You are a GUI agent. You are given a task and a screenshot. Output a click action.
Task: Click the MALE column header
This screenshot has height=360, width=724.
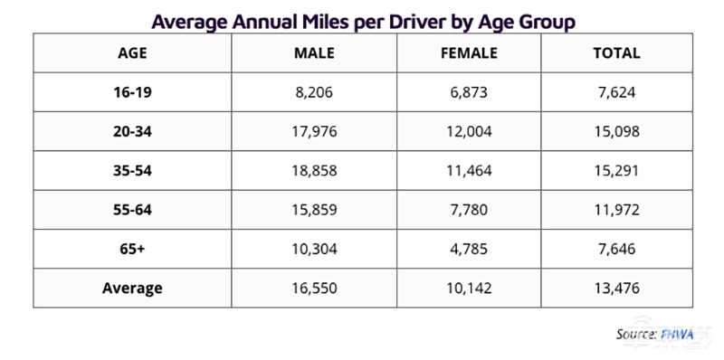tap(314, 53)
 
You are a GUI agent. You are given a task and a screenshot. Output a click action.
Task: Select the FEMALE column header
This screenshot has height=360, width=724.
tap(469, 53)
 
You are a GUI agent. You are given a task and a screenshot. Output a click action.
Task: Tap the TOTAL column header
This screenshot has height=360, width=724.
tap(617, 53)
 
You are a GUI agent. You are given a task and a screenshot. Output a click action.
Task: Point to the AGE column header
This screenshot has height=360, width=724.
tap(132, 53)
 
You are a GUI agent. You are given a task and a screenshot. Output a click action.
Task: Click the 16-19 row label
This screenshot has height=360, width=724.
tap(132, 93)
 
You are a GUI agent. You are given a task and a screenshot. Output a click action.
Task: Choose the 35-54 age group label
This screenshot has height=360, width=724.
tap(132, 171)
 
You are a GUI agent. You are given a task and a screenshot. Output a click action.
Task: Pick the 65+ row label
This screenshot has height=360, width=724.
tap(132, 250)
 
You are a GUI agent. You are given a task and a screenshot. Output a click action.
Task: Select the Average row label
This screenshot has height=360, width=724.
tap(132, 289)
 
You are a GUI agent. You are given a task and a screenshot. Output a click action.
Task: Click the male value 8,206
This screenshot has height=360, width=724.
tap(314, 93)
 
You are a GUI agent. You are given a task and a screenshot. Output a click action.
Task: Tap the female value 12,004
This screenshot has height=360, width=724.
tap(469, 132)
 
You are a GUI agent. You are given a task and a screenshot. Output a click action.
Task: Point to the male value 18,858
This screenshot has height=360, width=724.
tap(314, 171)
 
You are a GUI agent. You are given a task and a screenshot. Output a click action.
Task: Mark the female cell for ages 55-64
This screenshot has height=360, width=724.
tap(469, 210)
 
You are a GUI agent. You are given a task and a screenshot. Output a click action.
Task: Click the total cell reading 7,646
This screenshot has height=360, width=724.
tap(617, 250)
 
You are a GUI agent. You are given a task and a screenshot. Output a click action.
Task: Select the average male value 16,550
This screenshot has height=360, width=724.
tap(314, 289)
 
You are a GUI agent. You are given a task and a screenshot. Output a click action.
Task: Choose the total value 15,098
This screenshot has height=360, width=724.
tap(617, 132)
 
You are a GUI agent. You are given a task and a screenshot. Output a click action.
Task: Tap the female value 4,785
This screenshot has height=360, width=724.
tap(469, 250)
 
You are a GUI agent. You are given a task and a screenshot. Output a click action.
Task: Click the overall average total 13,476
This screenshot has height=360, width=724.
tap(617, 289)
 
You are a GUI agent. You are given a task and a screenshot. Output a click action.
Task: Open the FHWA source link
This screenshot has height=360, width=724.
tap(677, 334)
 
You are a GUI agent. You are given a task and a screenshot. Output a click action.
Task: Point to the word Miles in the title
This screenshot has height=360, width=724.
tap(328, 22)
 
